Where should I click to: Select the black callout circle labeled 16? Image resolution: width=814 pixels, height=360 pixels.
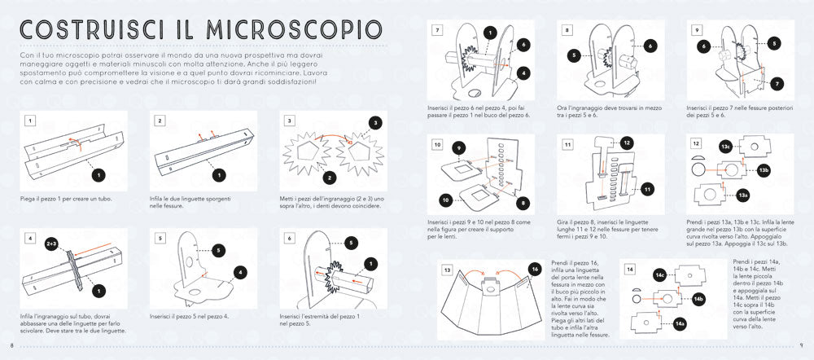tap(534, 268)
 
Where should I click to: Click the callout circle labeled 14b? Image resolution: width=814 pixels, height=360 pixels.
tap(698, 299)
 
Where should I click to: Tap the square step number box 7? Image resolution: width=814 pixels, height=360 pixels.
tap(438, 29)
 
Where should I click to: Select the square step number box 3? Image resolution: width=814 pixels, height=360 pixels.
tap(289, 121)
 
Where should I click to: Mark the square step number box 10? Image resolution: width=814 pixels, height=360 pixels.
tap(438, 144)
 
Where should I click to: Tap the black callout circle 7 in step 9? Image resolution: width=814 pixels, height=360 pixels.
tap(777, 84)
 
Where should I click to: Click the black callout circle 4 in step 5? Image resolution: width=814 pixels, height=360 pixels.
tap(241, 272)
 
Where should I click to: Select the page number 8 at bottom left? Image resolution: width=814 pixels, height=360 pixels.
tap(11, 346)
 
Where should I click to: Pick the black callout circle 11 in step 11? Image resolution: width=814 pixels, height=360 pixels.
tap(647, 189)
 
